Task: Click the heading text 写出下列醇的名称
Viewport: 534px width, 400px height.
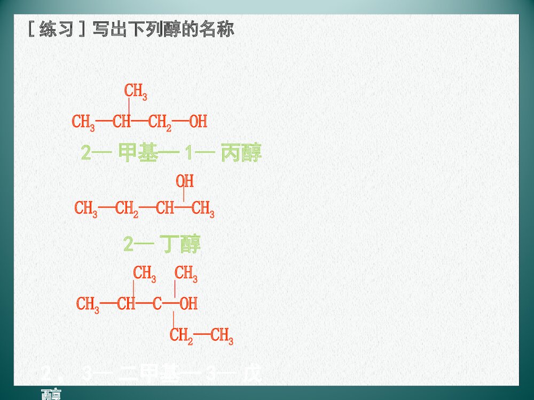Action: [163, 29]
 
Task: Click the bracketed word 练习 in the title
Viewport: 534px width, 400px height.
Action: [56, 29]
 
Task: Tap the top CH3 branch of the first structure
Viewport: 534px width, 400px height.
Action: [136, 91]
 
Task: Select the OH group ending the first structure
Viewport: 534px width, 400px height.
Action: [198, 122]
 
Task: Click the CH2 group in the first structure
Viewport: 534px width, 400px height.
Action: [160, 122]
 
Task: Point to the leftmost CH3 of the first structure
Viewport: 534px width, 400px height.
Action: [83, 122]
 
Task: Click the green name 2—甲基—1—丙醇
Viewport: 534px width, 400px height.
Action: [171, 154]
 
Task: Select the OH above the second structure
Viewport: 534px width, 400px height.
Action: [185, 181]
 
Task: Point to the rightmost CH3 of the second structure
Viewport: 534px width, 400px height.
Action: [203, 209]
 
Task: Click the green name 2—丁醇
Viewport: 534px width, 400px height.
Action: [162, 245]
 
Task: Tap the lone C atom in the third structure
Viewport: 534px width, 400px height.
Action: [157, 304]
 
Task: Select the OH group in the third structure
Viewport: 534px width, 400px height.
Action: [189, 304]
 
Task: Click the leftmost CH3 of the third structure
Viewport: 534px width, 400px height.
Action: [88, 305]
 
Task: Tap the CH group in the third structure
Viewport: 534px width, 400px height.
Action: [126, 304]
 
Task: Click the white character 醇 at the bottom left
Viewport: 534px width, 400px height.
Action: [51, 395]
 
